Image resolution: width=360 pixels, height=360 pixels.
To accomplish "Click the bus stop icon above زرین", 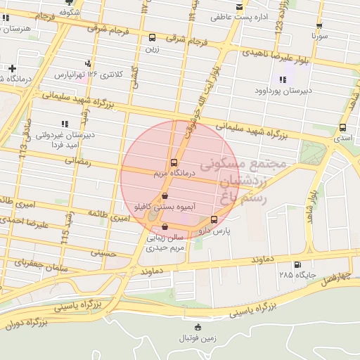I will click(153, 37).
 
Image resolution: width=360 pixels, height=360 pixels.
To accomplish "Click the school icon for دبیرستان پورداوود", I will click(283, 79).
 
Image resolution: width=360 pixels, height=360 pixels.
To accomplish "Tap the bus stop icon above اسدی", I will click(342, 128).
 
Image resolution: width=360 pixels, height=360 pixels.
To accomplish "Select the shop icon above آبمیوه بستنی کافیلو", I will click(165, 195).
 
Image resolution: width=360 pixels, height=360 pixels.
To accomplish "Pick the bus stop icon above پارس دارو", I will click(214, 219).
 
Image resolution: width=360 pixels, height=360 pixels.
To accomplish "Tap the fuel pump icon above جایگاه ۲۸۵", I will click(297, 264).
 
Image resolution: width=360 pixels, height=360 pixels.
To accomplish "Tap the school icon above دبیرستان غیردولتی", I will click(65, 124).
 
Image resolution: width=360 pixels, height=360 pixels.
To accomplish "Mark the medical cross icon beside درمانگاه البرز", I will click(13, 68).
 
